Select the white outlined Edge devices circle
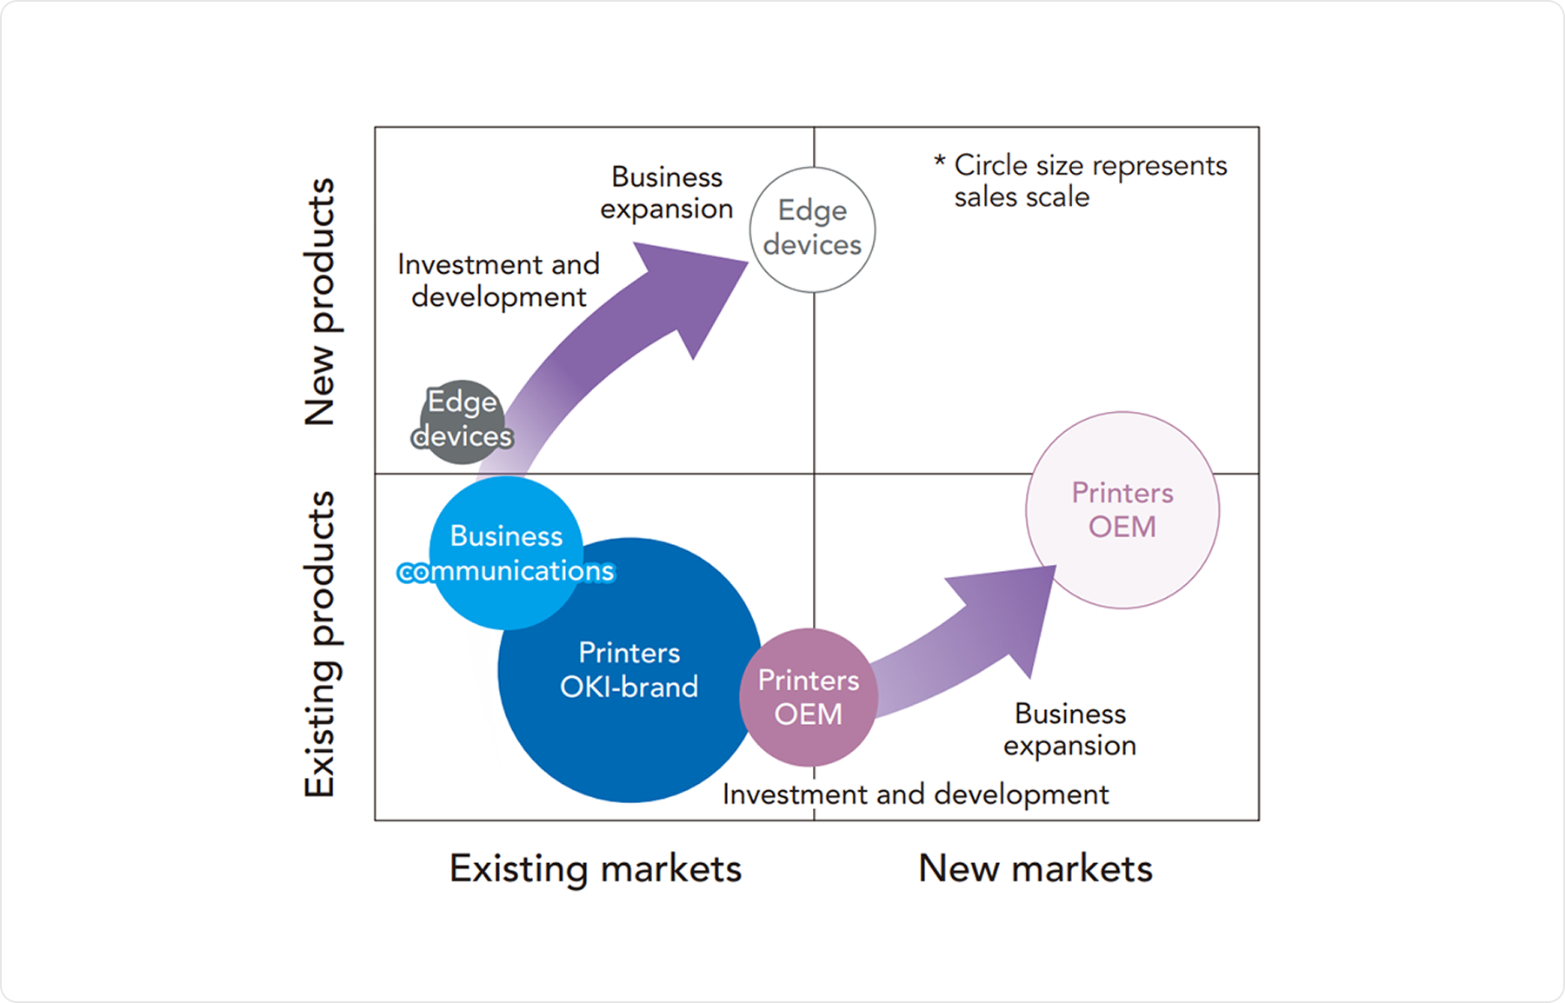point(812,229)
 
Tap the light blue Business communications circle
point(506,553)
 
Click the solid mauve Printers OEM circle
point(809,697)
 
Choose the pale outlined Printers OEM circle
point(1122,510)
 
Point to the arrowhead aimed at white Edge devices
point(696,287)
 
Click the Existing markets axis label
point(596,868)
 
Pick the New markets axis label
point(1036,868)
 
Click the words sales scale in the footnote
point(1022,197)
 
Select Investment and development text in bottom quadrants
point(916,794)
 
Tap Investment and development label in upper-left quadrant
point(499,280)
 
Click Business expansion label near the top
point(667,192)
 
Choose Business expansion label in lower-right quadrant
point(1070,729)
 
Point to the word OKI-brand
point(629,687)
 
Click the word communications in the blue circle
point(506,571)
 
